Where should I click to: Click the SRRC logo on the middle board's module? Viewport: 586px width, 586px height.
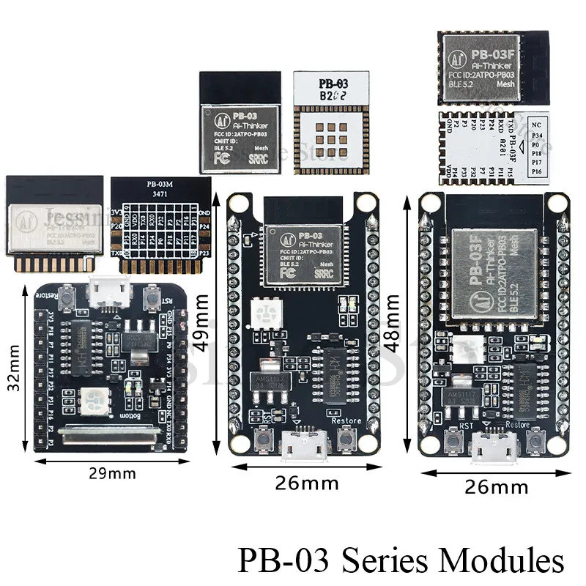click(x=323, y=273)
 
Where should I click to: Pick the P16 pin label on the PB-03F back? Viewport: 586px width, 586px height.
click(x=558, y=172)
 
